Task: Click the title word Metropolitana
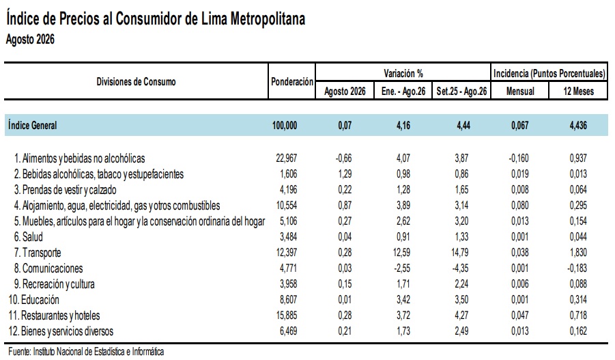(x=268, y=18)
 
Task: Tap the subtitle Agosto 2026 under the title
(x=30, y=39)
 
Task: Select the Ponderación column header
(x=292, y=82)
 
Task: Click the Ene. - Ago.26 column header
(x=403, y=91)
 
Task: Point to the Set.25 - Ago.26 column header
(x=461, y=91)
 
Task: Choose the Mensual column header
(x=520, y=91)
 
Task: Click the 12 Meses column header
(x=579, y=91)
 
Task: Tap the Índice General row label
(x=33, y=125)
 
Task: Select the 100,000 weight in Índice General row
(x=285, y=126)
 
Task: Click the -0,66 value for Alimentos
(x=343, y=158)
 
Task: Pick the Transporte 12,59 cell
(x=401, y=253)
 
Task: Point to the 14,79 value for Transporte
(x=460, y=253)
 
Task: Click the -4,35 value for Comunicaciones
(x=461, y=268)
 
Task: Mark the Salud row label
(x=28, y=237)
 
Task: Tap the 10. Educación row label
(x=33, y=299)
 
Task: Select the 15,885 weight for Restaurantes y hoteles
(x=287, y=315)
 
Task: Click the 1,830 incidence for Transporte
(x=578, y=253)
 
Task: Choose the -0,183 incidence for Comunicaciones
(x=577, y=268)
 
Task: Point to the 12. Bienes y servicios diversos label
(x=61, y=331)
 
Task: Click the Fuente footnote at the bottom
(x=86, y=352)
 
